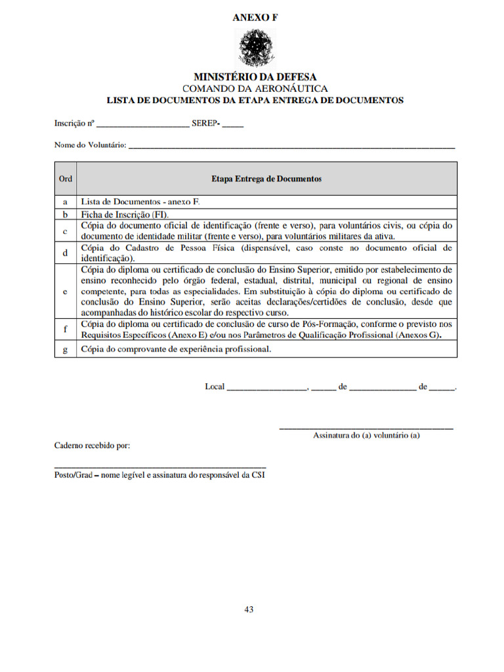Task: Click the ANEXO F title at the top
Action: click(x=255, y=18)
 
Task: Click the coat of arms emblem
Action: click(x=255, y=47)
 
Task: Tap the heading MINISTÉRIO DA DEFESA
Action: click(x=255, y=77)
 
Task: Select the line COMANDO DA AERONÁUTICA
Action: click(x=255, y=89)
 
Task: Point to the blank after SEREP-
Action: click(x=233, y=124)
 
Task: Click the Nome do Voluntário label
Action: click(x=90, y=145)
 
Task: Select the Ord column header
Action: click(x=66, y=178)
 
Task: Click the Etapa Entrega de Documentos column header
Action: click(x=266, y=178)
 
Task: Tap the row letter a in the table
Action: click(x=66, y=202)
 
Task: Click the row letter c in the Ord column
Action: click(x=66, y=230)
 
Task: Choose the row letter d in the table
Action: click(x=66, y=253)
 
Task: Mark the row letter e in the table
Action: click(x=66, y=291)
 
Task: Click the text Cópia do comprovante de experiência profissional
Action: click(x=175, y=350)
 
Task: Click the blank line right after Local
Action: click(x=266, y=387)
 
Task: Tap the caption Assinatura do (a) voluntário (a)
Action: click(x=366, y=435)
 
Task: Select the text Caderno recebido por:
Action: click(x=92, y=446)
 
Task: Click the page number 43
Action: click(x=249, y=609)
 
